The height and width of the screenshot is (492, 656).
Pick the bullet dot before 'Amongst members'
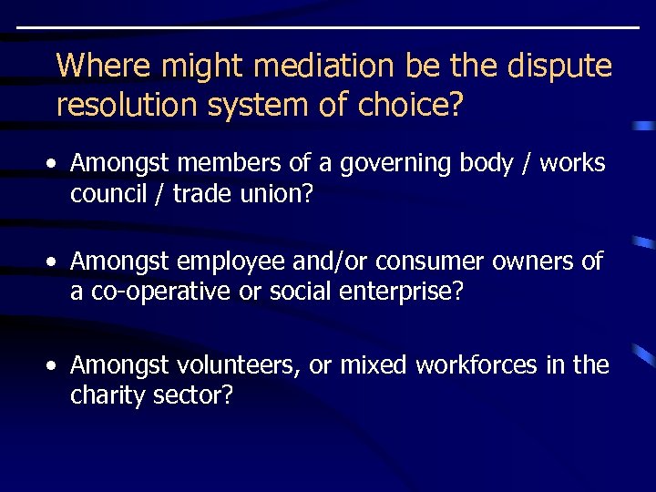coord(56,164)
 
